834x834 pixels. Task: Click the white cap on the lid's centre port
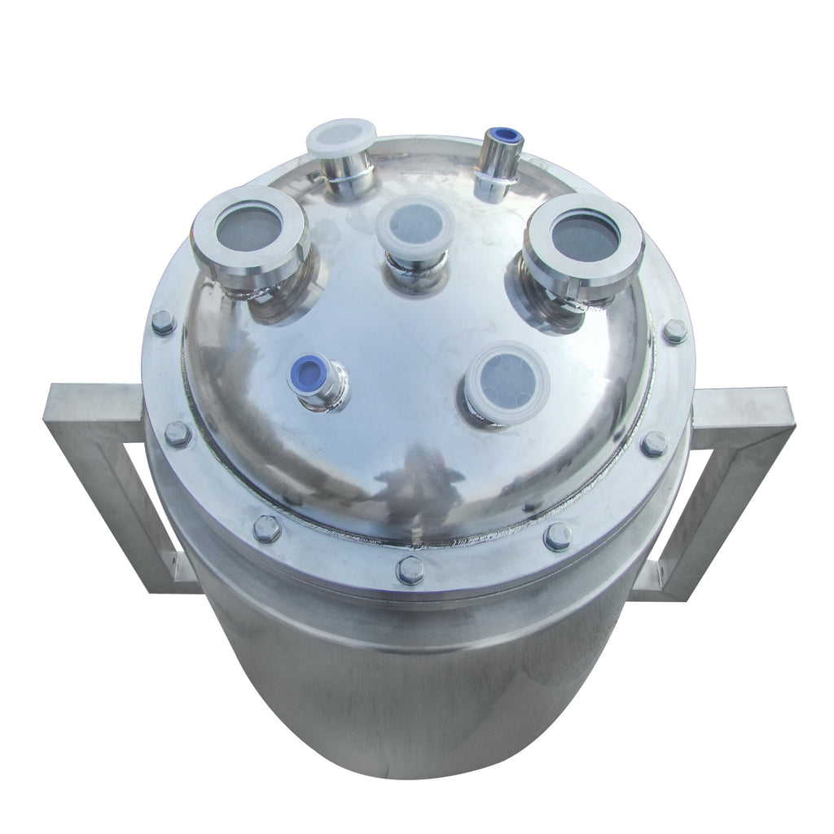[415, 225]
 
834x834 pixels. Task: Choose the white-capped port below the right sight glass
[507, 380]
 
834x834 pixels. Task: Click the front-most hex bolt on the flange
[410, 570]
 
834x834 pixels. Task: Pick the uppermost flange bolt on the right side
[674, 331]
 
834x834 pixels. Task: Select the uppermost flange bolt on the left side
[163, 322]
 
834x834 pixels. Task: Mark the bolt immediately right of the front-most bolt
[558, 537]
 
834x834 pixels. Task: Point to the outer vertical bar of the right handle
[737, 497]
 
